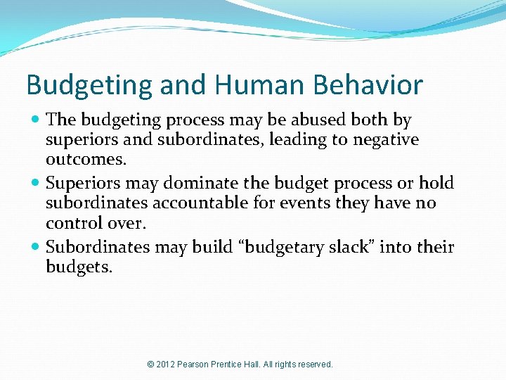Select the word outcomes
(x=86, y=160)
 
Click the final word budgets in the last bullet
(x=78, y=267)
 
